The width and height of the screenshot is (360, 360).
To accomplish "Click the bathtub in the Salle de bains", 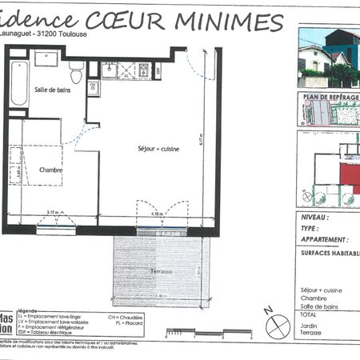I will coord(19,82).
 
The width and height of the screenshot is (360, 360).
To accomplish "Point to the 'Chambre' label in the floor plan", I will coord(50,170).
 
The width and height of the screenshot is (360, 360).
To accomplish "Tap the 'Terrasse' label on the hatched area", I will coord(162,272).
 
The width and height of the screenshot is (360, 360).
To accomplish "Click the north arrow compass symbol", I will coord(275,325).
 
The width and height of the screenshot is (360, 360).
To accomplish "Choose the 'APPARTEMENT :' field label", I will coord(324,239).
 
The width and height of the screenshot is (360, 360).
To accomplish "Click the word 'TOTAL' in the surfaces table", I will coord(310,314).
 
